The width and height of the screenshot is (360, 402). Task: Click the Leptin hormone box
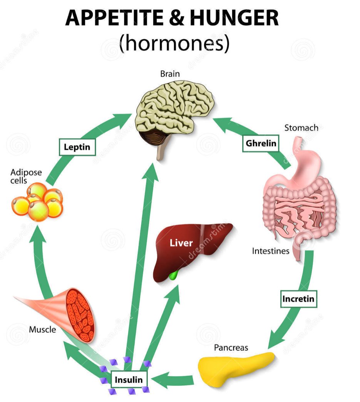[77, 147]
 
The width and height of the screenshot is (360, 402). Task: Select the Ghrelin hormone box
[261, 143]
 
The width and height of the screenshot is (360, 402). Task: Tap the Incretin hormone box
[298, 299]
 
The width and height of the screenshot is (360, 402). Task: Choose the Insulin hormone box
[129, 379]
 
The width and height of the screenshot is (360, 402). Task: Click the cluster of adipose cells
[37, 202]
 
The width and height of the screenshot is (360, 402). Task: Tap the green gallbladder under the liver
[174, 275]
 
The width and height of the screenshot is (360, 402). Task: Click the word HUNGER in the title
[234, 18]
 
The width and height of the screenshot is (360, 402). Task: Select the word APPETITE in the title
[114, 18]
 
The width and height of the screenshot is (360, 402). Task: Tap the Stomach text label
[301, 128]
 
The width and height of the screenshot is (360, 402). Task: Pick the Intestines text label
[271, 251]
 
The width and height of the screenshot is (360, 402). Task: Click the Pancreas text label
[231, 347]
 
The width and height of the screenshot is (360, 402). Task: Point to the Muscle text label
[42, 329]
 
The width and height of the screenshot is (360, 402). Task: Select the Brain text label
[170, 74]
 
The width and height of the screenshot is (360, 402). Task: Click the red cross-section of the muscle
[80, 315]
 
